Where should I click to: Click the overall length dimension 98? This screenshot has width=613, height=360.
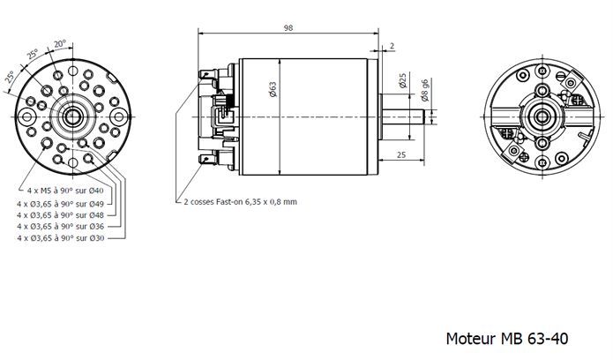pos(288,28)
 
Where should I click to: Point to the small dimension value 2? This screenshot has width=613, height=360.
pos(392,45)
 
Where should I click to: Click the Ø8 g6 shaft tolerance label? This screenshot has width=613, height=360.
pos(426,88)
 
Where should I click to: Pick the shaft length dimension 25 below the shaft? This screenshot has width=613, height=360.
pos(401,155)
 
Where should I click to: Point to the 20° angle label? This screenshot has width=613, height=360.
pos(60,42)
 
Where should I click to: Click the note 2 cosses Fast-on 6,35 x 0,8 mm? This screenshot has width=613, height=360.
pos(240,200)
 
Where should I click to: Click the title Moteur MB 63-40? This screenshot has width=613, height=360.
pos(507,338)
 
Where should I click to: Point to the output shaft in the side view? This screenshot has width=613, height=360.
pos(409,114)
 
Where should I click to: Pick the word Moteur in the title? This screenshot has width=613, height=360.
pos(469,338)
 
